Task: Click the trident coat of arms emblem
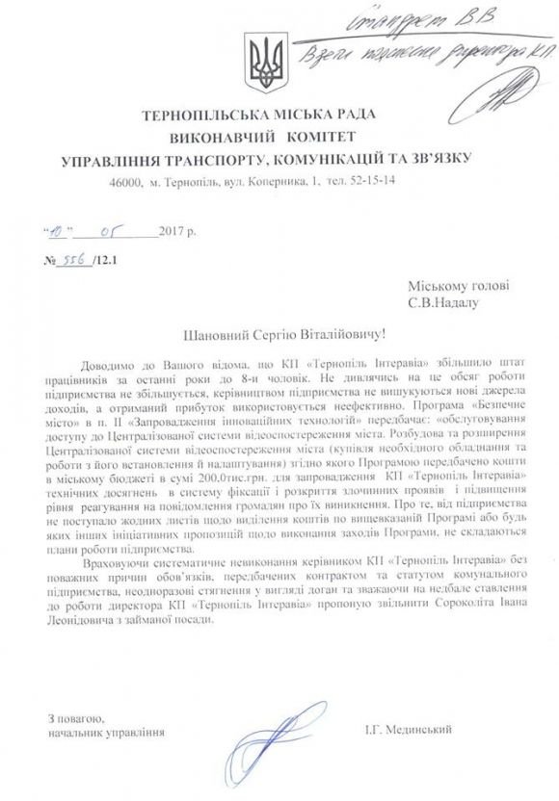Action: (264, 60)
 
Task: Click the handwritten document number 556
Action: (73, 261)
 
